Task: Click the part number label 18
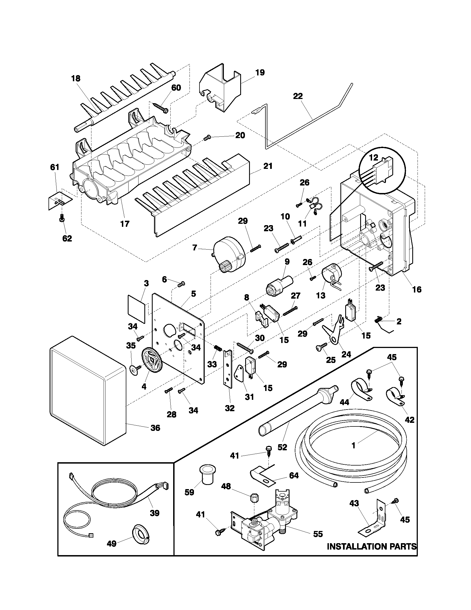[76, 78]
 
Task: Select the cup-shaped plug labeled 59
[206, 475]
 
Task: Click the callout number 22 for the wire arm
[298, 96]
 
